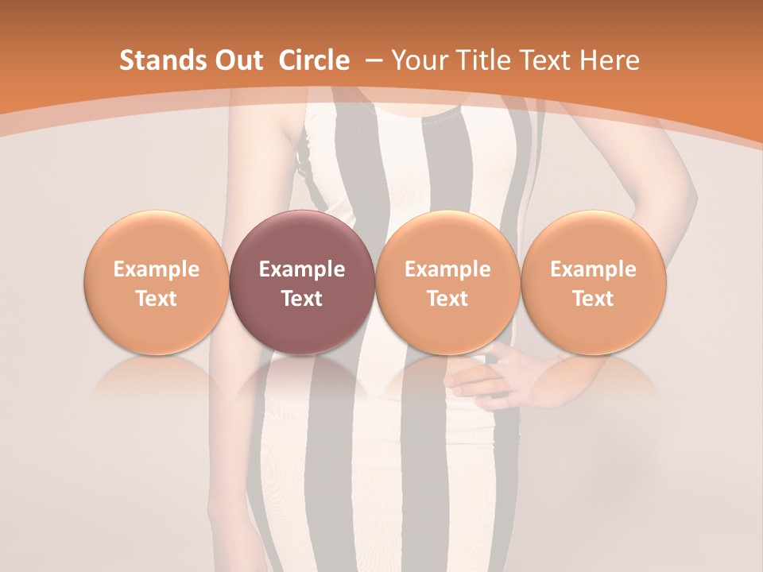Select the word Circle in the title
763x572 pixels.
point(314,60)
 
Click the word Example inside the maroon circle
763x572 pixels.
point(302,269)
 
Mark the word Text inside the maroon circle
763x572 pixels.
point(302,299)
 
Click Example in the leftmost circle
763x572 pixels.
point(157,269)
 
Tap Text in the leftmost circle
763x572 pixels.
point(157,299)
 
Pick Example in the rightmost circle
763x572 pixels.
point(593,269)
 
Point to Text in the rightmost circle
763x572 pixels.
point(593,299)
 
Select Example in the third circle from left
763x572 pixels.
point(447,269)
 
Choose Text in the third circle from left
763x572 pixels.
point(447,299)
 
